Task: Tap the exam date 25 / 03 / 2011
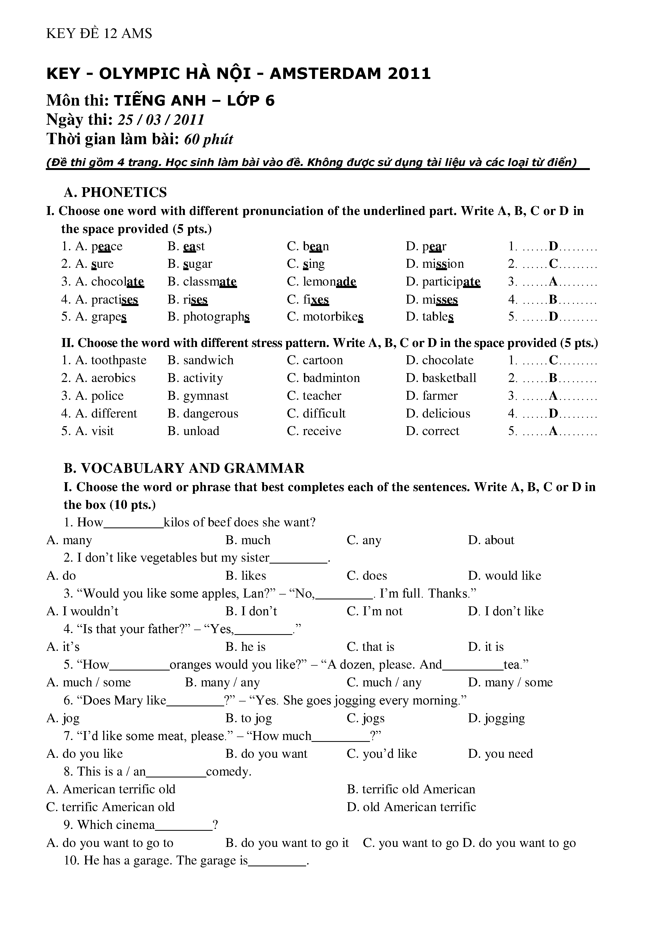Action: [161, 120]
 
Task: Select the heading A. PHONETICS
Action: [115, 192]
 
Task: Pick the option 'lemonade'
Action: [329, 282]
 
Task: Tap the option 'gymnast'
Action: [205, 396]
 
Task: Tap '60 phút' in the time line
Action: [208, 140]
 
